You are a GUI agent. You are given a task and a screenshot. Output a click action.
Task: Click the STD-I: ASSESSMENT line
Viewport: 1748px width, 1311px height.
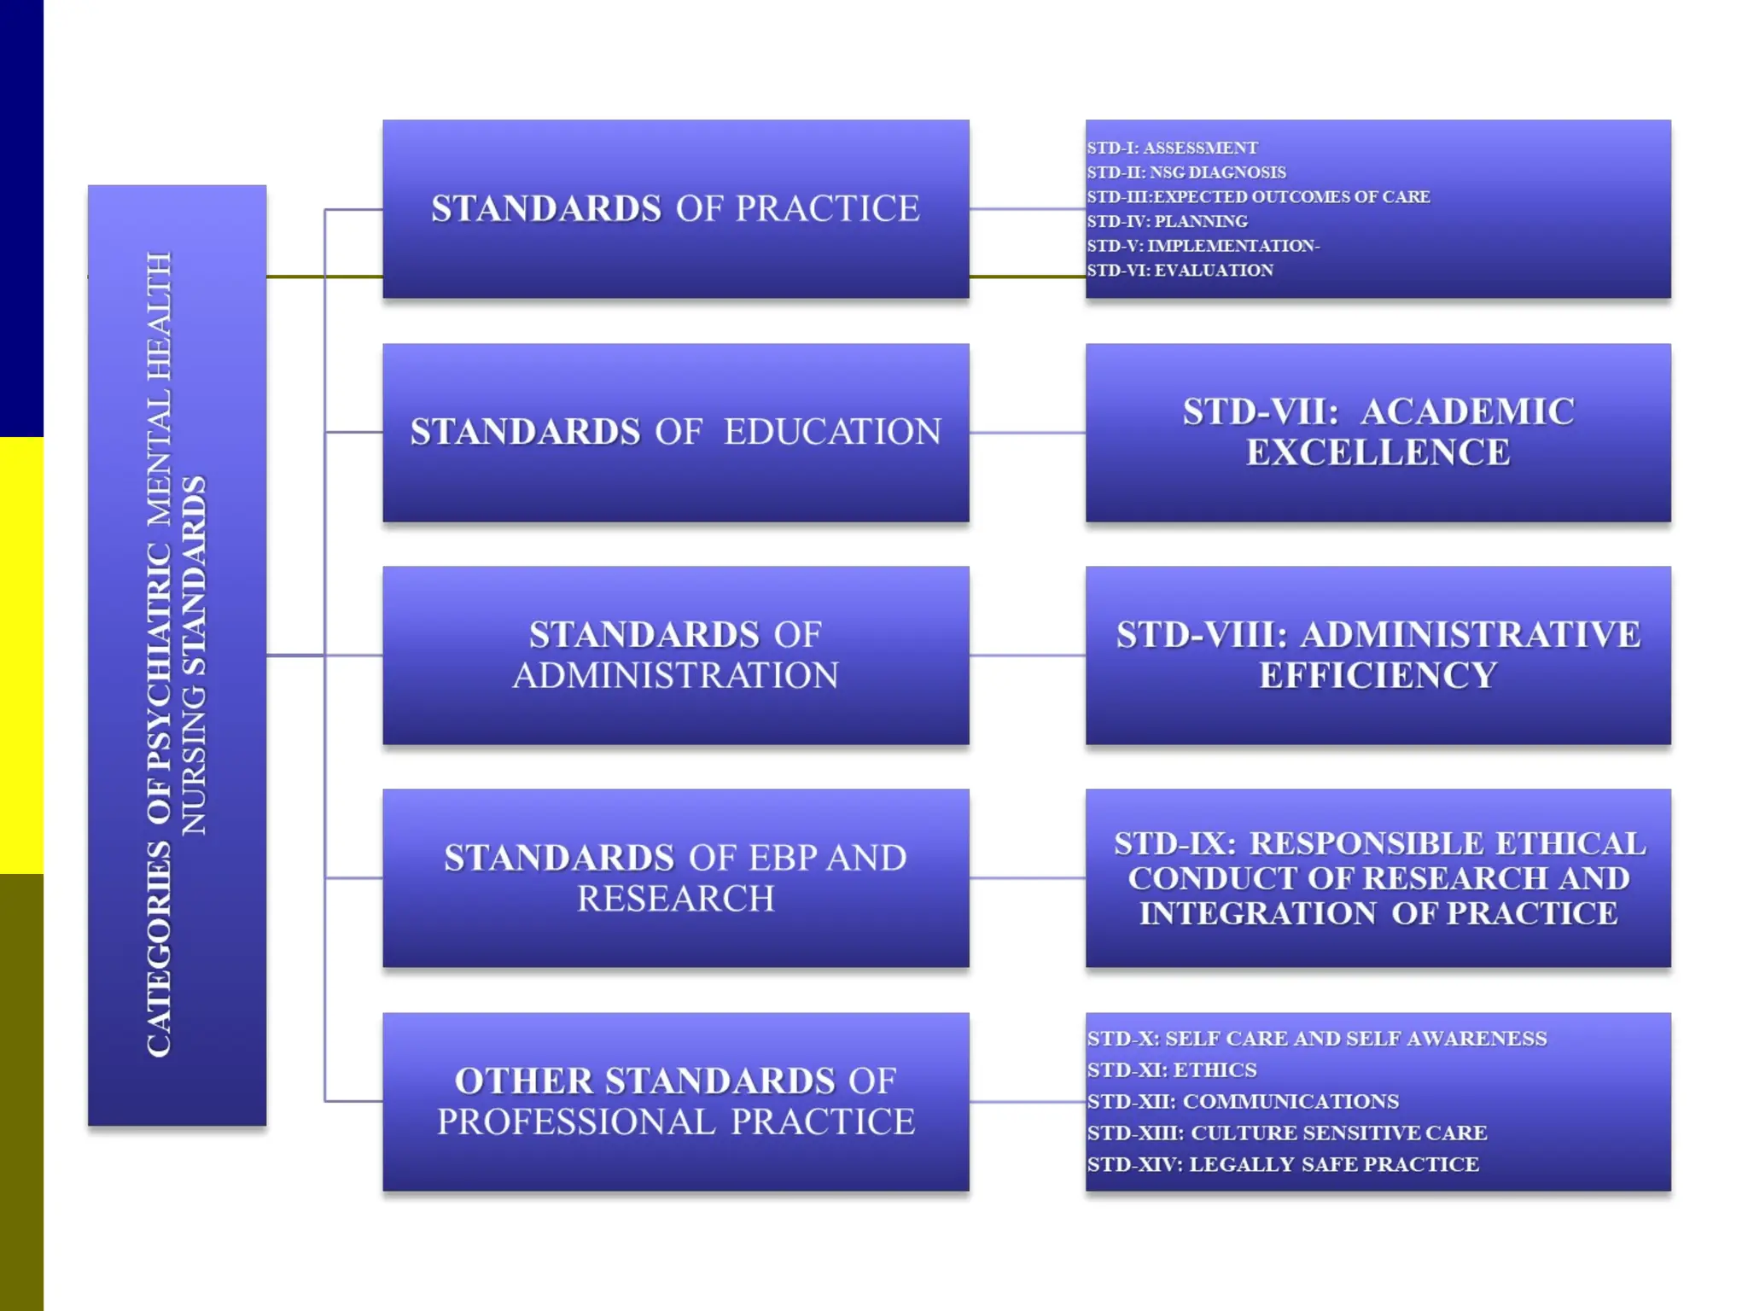click(1172, 148)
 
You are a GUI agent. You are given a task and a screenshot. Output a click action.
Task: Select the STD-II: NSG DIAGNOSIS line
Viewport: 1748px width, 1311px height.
click(1186, 172)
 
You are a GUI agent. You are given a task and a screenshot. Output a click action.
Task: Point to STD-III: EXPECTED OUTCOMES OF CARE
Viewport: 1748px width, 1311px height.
click(1258, 197)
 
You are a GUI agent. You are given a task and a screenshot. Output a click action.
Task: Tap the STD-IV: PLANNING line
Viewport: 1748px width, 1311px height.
click(1167, 222)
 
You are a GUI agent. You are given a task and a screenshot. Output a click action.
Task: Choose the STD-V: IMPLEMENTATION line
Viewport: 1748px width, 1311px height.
click(1203, 246)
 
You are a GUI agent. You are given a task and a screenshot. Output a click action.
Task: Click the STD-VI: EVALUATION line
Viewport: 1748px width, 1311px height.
click(1180, 271)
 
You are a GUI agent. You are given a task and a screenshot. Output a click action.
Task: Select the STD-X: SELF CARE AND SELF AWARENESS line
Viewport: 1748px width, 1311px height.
click(1316, 1039)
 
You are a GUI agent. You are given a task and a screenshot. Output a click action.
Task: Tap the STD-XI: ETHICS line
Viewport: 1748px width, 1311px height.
click(1172, 1070)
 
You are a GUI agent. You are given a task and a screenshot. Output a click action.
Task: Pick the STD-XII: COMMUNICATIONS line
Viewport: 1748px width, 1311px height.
click(1243, 1102)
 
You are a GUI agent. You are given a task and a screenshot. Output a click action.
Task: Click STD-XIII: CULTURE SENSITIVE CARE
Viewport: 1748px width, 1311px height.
click(1286, 1133)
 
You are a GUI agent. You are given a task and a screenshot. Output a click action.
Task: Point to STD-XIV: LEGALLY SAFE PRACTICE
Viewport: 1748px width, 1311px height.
click(1283, 1165)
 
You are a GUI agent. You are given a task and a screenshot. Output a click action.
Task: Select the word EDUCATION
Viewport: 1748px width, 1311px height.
click(832, 432)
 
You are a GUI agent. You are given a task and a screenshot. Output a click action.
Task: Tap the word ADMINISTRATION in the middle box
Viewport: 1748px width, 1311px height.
click(675, 676)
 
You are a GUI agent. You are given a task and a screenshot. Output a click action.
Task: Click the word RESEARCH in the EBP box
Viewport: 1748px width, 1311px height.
click(675, 899)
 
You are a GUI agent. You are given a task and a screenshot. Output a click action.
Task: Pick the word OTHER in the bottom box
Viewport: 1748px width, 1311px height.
click(523, 1081)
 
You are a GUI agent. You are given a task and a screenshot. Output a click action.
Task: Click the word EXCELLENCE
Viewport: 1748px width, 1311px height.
click(1378, 452)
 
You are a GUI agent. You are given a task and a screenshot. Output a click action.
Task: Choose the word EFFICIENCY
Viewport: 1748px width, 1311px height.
click(1378, 676)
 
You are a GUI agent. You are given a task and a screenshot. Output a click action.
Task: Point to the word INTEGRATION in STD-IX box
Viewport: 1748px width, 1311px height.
click(1257, 914)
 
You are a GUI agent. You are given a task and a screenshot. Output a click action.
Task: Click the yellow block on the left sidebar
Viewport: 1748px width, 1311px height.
click(21, 655)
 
